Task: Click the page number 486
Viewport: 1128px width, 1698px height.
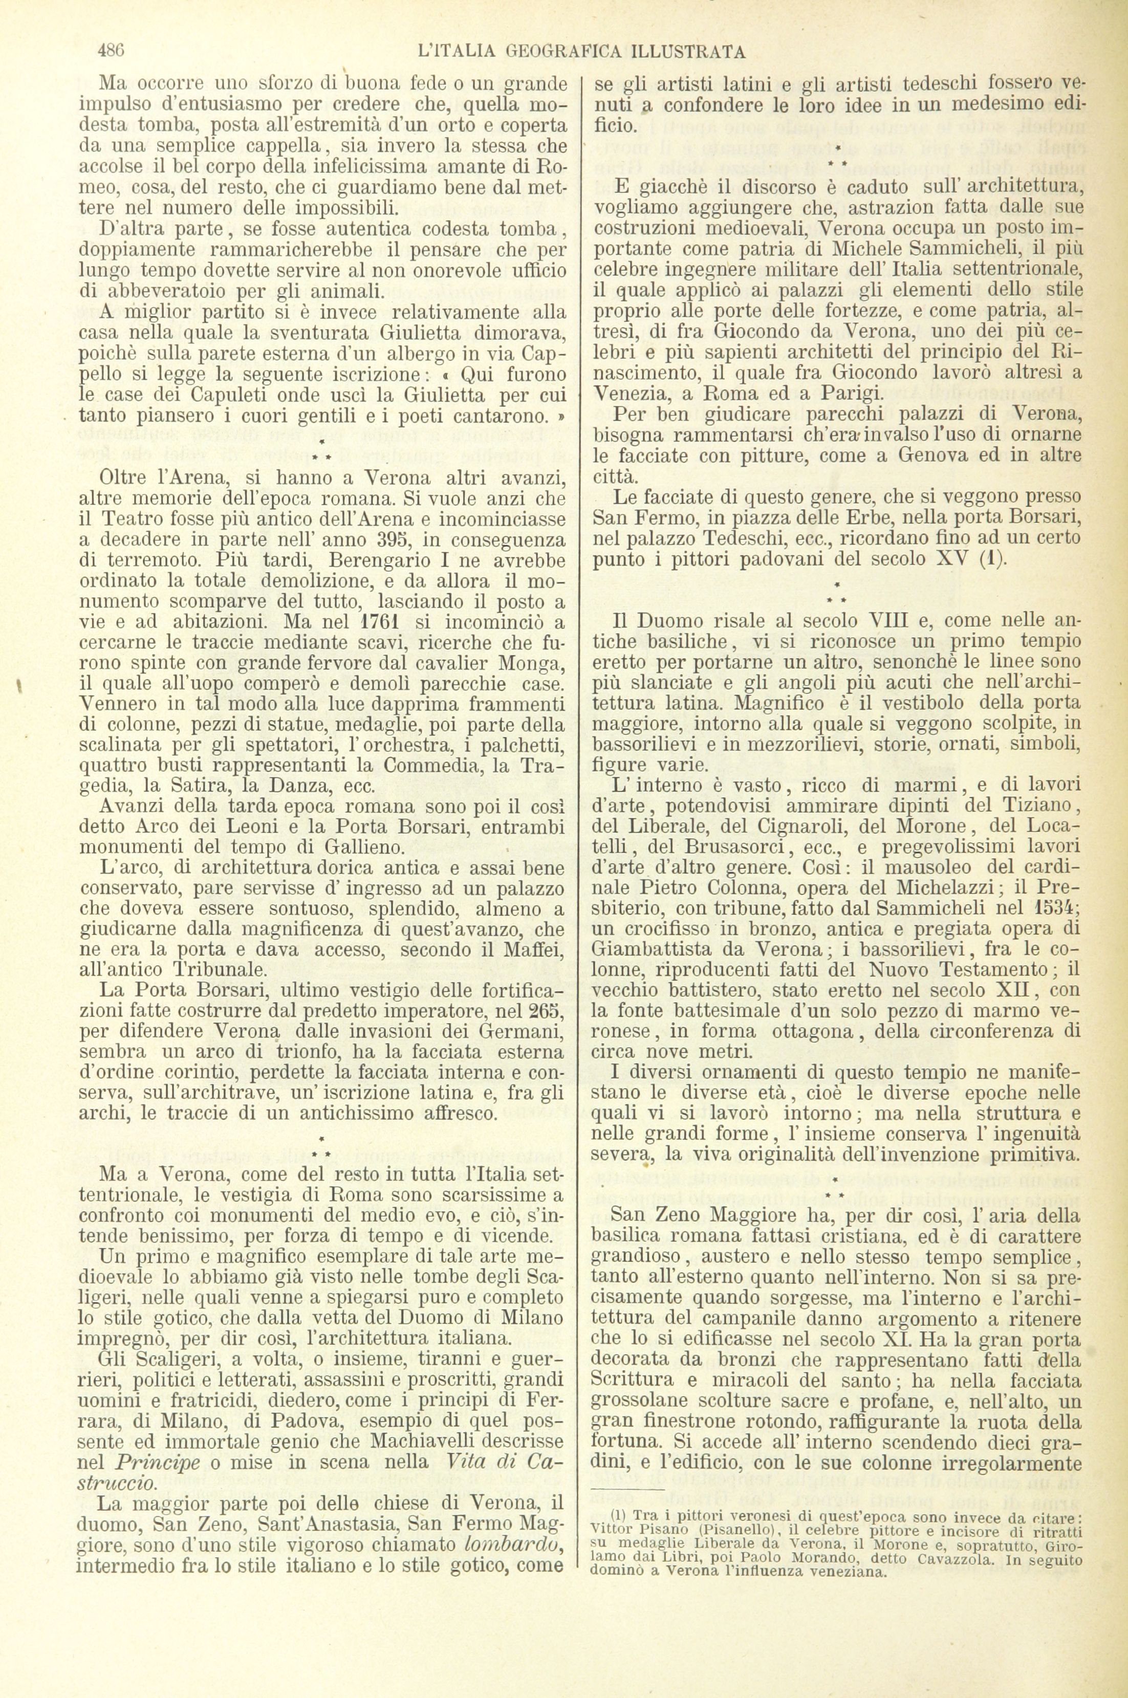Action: (x=111, y=51)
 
